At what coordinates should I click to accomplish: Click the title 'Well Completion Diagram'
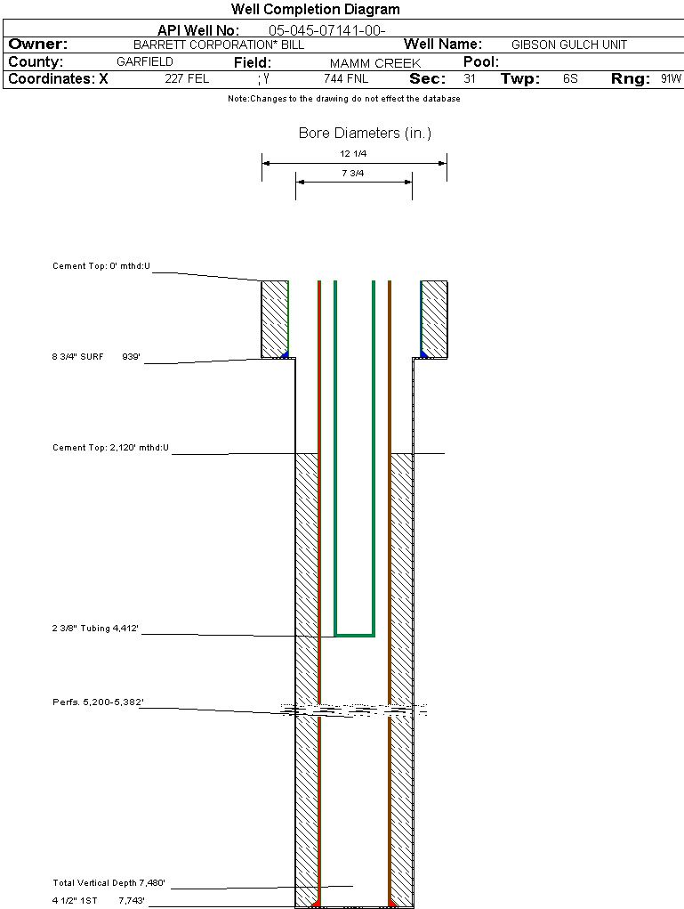pos(316,10)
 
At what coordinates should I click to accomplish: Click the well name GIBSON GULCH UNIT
pos(569,45)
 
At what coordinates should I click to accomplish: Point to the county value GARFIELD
pos(145,62)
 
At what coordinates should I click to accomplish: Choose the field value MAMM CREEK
pos(375,63)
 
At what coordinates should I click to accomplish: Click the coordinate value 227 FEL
pos(187,79)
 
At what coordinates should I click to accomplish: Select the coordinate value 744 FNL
pos(346,79)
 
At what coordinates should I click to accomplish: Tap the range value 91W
pos(671,79)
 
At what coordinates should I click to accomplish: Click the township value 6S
pos(570,79)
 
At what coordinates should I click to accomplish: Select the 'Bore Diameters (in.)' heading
pos(365,134)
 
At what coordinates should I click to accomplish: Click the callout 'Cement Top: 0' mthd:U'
pos(102,265)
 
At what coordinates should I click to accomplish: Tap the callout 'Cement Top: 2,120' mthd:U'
pos(110,447)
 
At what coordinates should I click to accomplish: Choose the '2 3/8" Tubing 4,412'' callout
pos(95,629)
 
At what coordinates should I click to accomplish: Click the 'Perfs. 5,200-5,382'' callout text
pos(98,702)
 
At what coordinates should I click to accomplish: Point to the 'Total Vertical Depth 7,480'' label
pos(109,883)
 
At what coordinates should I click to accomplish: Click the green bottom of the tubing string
pos(354,635)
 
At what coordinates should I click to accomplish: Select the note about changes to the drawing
pos(344,99)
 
